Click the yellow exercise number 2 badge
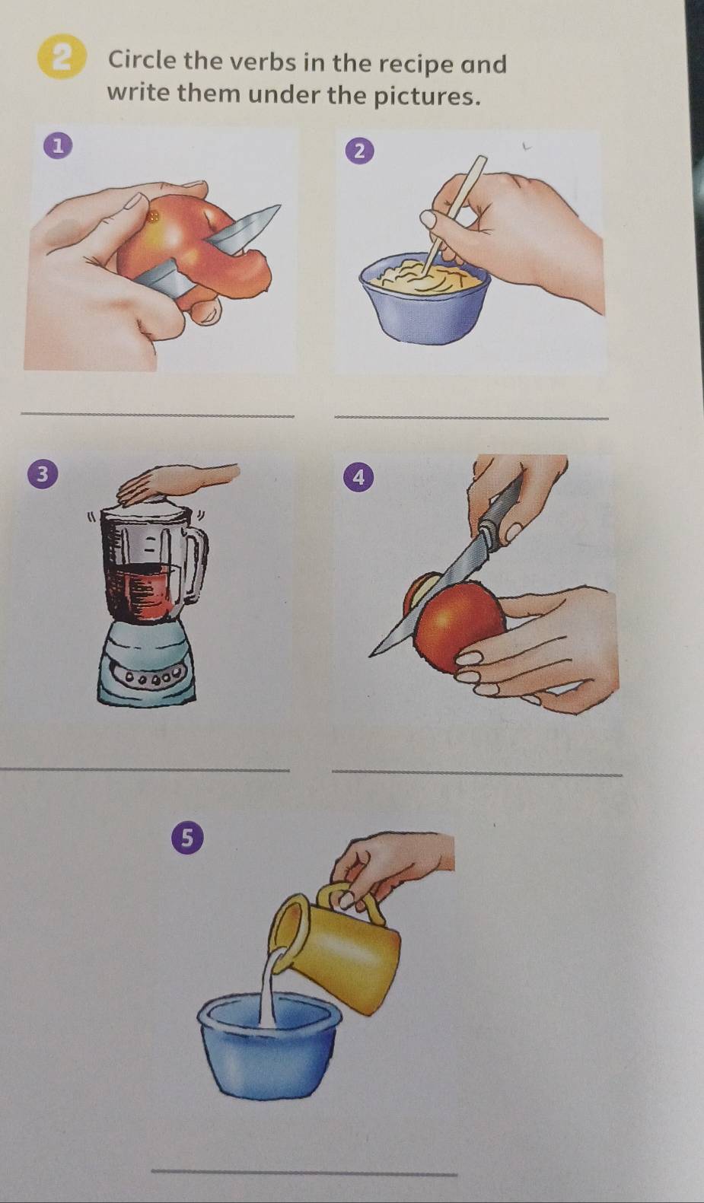point(63,60)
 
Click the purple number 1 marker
point(62,145)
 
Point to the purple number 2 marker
point(360,151)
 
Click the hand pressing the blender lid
point(178,478)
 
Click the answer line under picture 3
point(145,769)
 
